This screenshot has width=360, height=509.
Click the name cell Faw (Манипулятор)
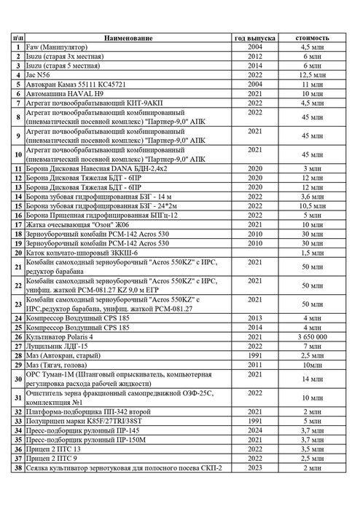(58, 47)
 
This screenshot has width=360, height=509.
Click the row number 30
(16, 379)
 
